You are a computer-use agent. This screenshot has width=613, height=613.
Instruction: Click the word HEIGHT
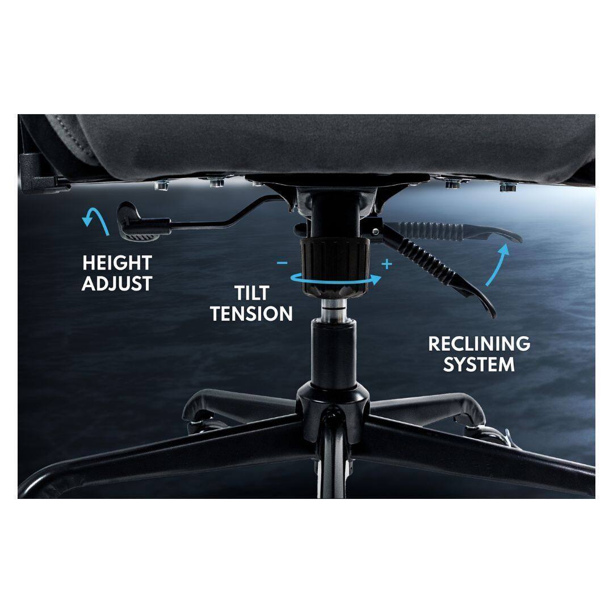click(117, 263)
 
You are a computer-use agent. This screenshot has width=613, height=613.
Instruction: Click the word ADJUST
click(117, 283)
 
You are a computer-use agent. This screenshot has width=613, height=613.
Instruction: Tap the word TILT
click(251, 293)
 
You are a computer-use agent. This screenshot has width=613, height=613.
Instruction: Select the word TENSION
click(251, 313)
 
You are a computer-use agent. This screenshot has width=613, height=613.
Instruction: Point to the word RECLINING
click(479, 343)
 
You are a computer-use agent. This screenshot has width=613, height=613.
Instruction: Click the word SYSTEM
click(479, 364)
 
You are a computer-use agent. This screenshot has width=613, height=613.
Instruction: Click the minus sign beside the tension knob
click(282, 263)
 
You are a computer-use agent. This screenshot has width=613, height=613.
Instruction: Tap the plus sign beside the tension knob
click(388, 264)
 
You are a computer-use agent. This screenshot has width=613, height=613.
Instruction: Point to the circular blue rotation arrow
click(335, 278)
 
